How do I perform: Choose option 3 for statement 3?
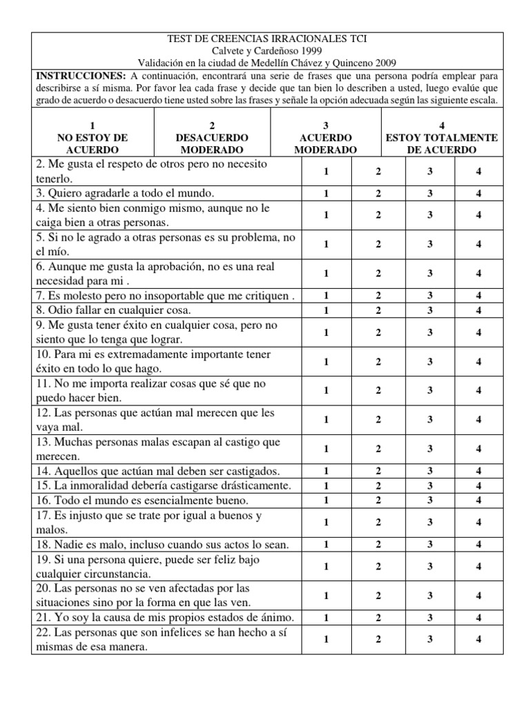pos(429,193)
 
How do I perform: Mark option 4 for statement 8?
pos(478,310)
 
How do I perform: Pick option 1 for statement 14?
pos(326,472)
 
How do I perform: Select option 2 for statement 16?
pos(378,501)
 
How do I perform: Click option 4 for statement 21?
pos(478,617)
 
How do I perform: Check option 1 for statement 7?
pos(326,296)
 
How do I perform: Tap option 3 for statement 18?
pos(429,545)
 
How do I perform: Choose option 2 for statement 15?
pos(378,486)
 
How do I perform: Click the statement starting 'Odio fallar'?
pos(104,310)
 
